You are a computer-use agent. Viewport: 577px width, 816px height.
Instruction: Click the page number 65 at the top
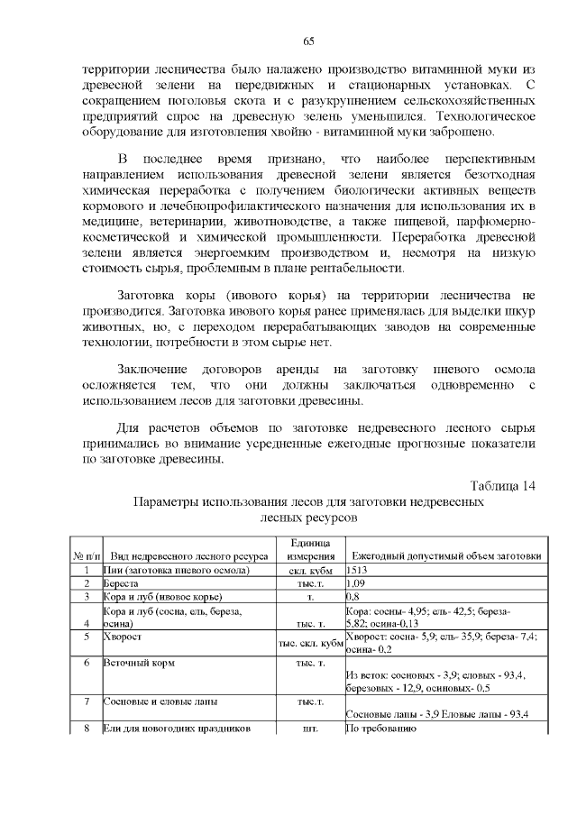tap(307, 41)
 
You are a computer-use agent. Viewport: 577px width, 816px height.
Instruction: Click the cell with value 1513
tap(357, 571)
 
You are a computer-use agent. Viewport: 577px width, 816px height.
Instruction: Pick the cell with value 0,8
tap(353, 596)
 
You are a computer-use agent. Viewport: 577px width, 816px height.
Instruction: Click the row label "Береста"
tap(123, 583)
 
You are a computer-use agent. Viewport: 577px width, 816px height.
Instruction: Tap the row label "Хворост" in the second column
tap(124, 636)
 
